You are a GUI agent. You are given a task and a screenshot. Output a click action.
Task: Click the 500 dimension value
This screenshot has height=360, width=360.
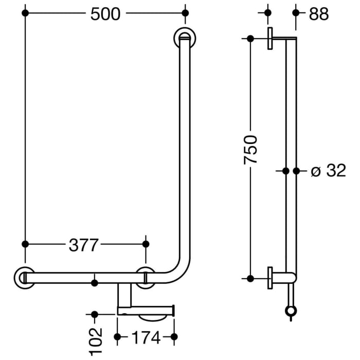point(105,14)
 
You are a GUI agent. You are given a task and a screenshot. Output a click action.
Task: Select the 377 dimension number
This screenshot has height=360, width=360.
point(83,245)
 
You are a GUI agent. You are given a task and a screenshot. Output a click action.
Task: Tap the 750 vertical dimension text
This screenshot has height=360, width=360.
point(250,150)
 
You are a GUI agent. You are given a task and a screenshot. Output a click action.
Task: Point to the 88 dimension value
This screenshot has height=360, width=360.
point(319,14)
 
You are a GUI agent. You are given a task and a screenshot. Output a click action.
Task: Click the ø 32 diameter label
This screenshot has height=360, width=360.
point(329,171)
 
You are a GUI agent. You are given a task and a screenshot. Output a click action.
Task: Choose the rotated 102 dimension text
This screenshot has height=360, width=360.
point(95,341)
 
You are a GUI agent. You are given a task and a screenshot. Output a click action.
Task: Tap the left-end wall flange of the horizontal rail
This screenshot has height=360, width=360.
point(24,277)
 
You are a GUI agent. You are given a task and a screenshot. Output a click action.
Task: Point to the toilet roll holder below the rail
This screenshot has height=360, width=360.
point(147,310)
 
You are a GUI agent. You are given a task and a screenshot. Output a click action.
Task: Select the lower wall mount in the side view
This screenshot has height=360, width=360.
point(272,278)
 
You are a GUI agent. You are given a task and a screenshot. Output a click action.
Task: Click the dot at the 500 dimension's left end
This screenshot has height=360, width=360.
point(24,13)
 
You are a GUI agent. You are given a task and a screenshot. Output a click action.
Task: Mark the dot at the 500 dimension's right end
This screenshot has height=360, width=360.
point(185,13)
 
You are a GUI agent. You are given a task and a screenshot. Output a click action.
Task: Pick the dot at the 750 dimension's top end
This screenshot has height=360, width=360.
point(250,39)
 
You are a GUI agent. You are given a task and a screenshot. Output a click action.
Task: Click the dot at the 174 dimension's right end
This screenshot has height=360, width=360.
point(174,337)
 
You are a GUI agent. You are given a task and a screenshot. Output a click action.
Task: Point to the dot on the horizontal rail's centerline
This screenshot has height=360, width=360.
point(94,282)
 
